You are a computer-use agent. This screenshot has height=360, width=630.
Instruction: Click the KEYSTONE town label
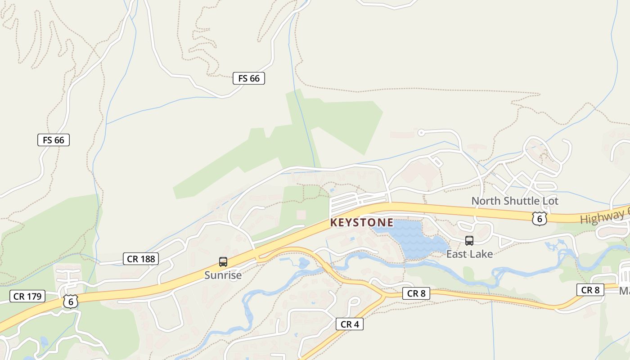(362, 223)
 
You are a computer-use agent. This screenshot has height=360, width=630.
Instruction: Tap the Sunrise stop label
(223, 275)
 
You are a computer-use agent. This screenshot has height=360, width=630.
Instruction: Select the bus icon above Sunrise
(223, 262)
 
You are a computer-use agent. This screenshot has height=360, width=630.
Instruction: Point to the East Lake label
(469, 254)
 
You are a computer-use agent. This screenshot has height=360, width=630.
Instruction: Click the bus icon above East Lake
(469, 241)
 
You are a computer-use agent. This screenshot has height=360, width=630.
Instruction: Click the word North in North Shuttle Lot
(486, 201)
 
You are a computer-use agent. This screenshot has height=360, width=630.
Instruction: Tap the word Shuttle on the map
(521, 201)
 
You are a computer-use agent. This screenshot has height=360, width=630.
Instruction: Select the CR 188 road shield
(141, 259)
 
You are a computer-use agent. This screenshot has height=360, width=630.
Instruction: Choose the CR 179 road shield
(28, 296)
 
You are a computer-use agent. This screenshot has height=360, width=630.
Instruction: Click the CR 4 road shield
(349, 324)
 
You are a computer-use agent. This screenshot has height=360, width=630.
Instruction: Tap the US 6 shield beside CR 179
(71, 301)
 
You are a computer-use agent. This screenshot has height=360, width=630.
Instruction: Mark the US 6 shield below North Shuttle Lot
(539, 218)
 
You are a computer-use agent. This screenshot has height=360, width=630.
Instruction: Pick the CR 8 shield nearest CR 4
(416, 294)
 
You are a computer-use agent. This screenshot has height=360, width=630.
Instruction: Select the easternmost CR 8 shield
(590, 290)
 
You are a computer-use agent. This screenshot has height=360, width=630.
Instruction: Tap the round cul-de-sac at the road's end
(421, 132)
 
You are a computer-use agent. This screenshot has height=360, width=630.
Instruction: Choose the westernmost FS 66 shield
(54, 140)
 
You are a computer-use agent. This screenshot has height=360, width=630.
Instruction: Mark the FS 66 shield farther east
(249, 78)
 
